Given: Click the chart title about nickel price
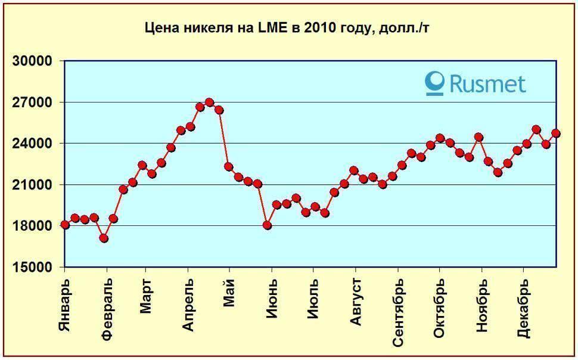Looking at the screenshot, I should coord(288,27).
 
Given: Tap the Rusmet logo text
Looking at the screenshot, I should coord(487,83).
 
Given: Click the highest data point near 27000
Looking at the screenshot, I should coord(209,103).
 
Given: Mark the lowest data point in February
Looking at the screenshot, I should coord(104,238).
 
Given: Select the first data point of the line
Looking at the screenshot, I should coord(65,225).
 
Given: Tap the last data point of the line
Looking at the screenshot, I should coord(556,134).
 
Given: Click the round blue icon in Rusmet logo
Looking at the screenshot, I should coord(436,83).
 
